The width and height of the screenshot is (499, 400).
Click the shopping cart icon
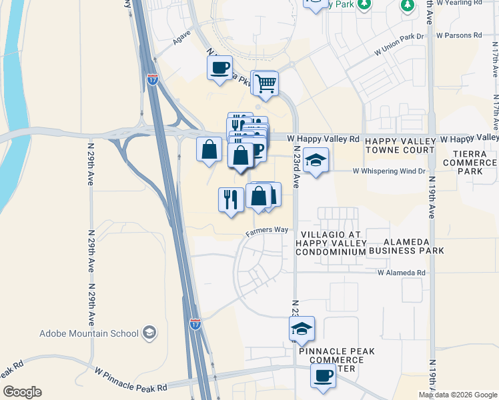coord(266,83)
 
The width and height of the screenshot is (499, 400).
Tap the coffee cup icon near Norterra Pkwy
coord(219,67)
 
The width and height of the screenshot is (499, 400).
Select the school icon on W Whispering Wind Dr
coord(316,160)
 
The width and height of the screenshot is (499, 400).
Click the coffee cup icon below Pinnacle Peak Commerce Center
coord(323,375)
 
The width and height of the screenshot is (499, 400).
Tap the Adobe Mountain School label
coord(89,333)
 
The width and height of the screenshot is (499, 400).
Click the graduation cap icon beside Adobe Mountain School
coord(150,332)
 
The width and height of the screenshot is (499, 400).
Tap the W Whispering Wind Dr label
coord(388,171)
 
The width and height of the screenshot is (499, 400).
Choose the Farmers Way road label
coord(266,230)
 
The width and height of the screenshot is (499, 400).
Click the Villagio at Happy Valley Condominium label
coord(331,243)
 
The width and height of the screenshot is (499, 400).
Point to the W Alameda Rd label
coord(401,273)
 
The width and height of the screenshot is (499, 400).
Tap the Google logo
coord(22,392)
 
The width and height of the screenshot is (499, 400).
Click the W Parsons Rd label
coord(458,35)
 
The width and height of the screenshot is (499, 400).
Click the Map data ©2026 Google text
coord(458,395)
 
